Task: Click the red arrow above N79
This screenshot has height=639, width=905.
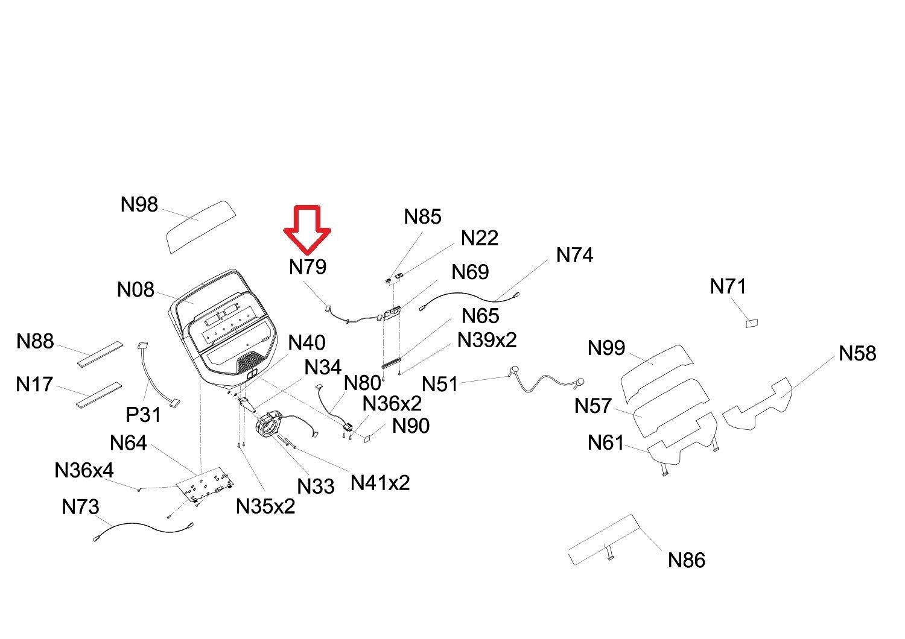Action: pyautogui.click(x=307, y=228)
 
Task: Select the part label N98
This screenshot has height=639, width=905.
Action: pyautogui.click(x=139, y=204)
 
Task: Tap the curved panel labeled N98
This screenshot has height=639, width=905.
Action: pyautogui.click(x=201, y=225)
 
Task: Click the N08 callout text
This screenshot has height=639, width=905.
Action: pyautogui.click(x=136, y=290)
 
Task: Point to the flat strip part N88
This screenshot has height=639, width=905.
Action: pyautogui.click(x=100, y=354)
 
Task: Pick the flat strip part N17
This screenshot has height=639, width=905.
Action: pyautogui.click(x=98, y=394)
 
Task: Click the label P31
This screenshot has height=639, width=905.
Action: pyautogui.click(x=144, y=415)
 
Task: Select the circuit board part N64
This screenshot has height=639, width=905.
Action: pyautogui.click(x=205, y=484)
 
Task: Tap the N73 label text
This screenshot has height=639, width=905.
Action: pyautogui.click(x=80, y=507)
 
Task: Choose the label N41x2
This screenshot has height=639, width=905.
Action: pyautogui.click(x=380, y=482)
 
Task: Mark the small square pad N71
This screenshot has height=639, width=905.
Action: pyautogui.click(x=752, y=323)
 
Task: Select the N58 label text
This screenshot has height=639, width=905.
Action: pyautogui.click(x=857, y=353)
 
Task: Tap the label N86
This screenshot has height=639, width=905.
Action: pyautogui.click(x=687, y=560)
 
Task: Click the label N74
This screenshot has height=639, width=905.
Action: pyautogui.click(x=574, y=255)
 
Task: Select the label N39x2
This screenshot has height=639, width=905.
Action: pyautogui.click(x=487, y=339)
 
